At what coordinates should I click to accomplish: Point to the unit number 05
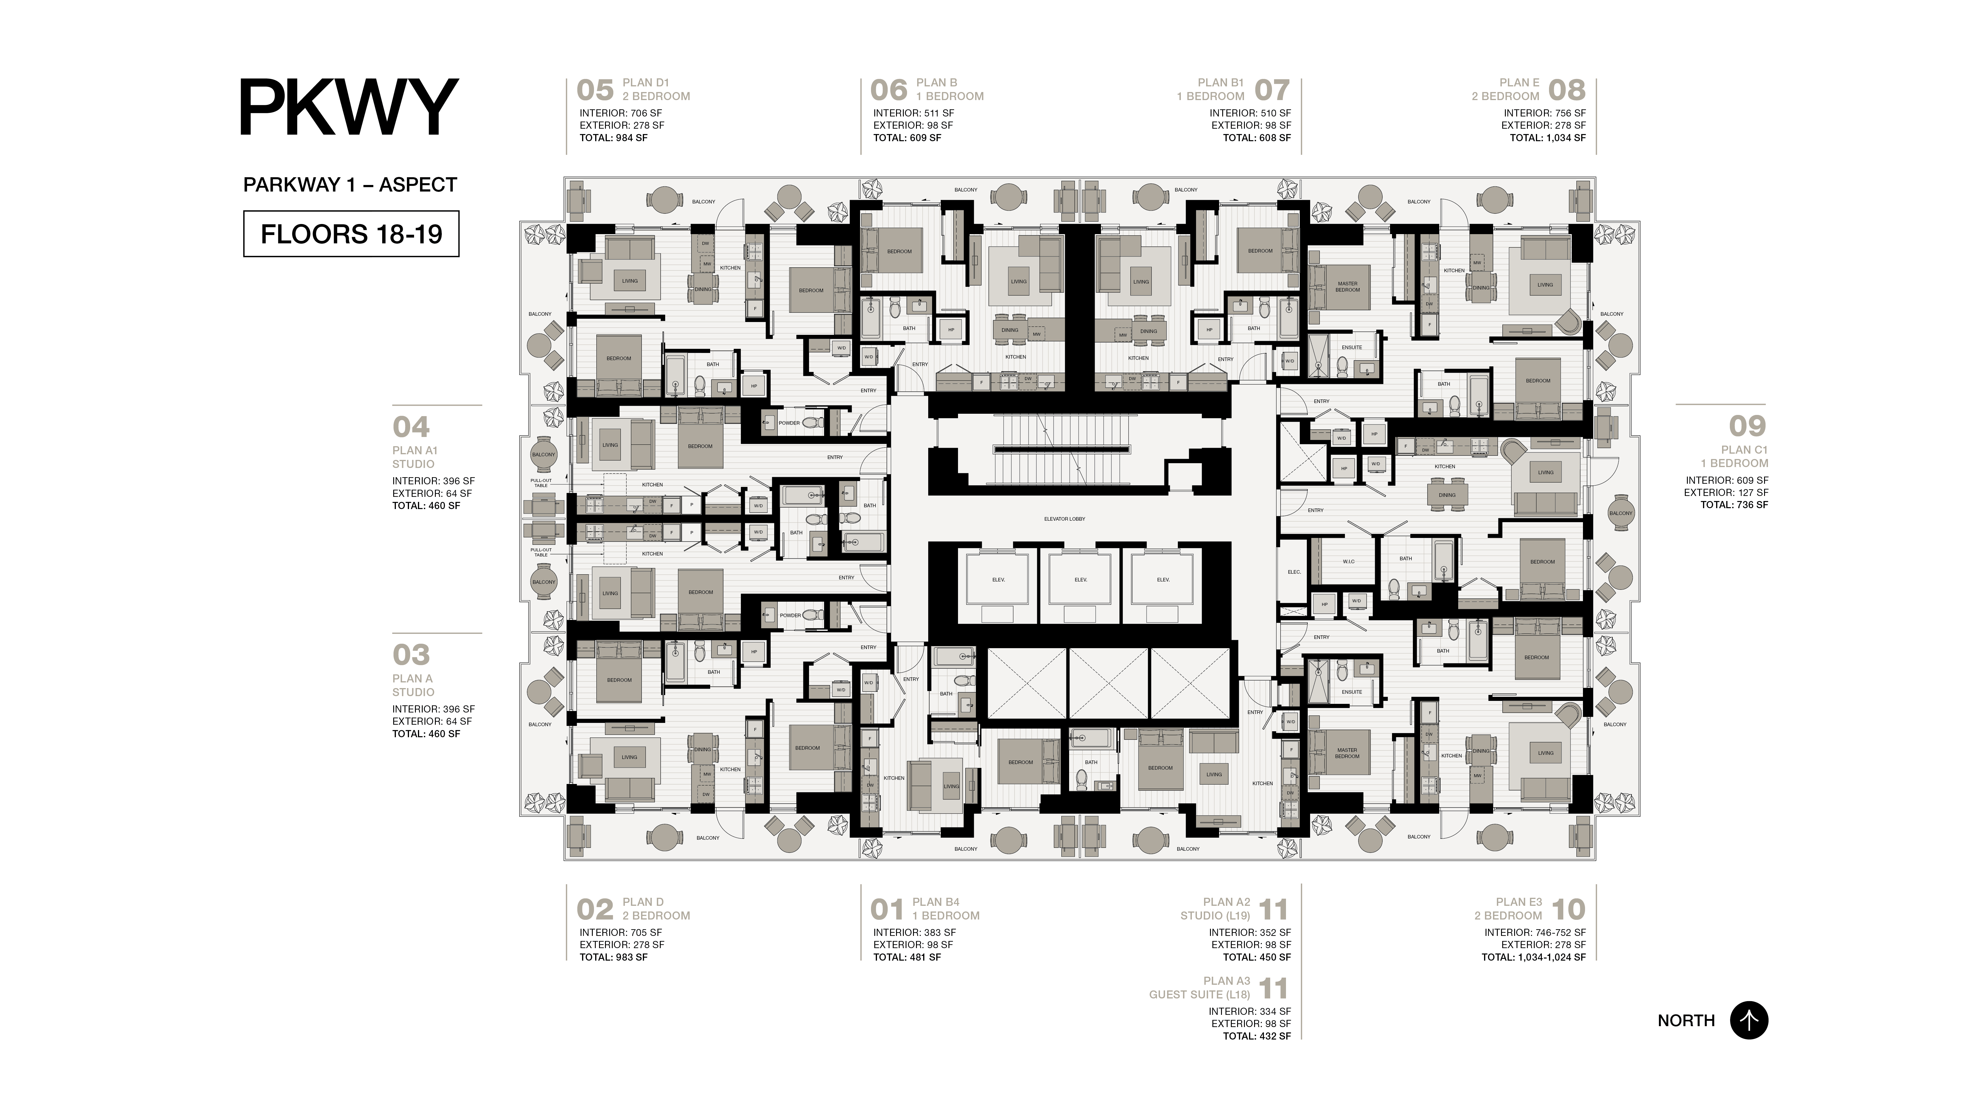594,90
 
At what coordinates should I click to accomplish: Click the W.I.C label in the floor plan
1348,561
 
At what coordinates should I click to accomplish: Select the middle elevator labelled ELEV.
1080,580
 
